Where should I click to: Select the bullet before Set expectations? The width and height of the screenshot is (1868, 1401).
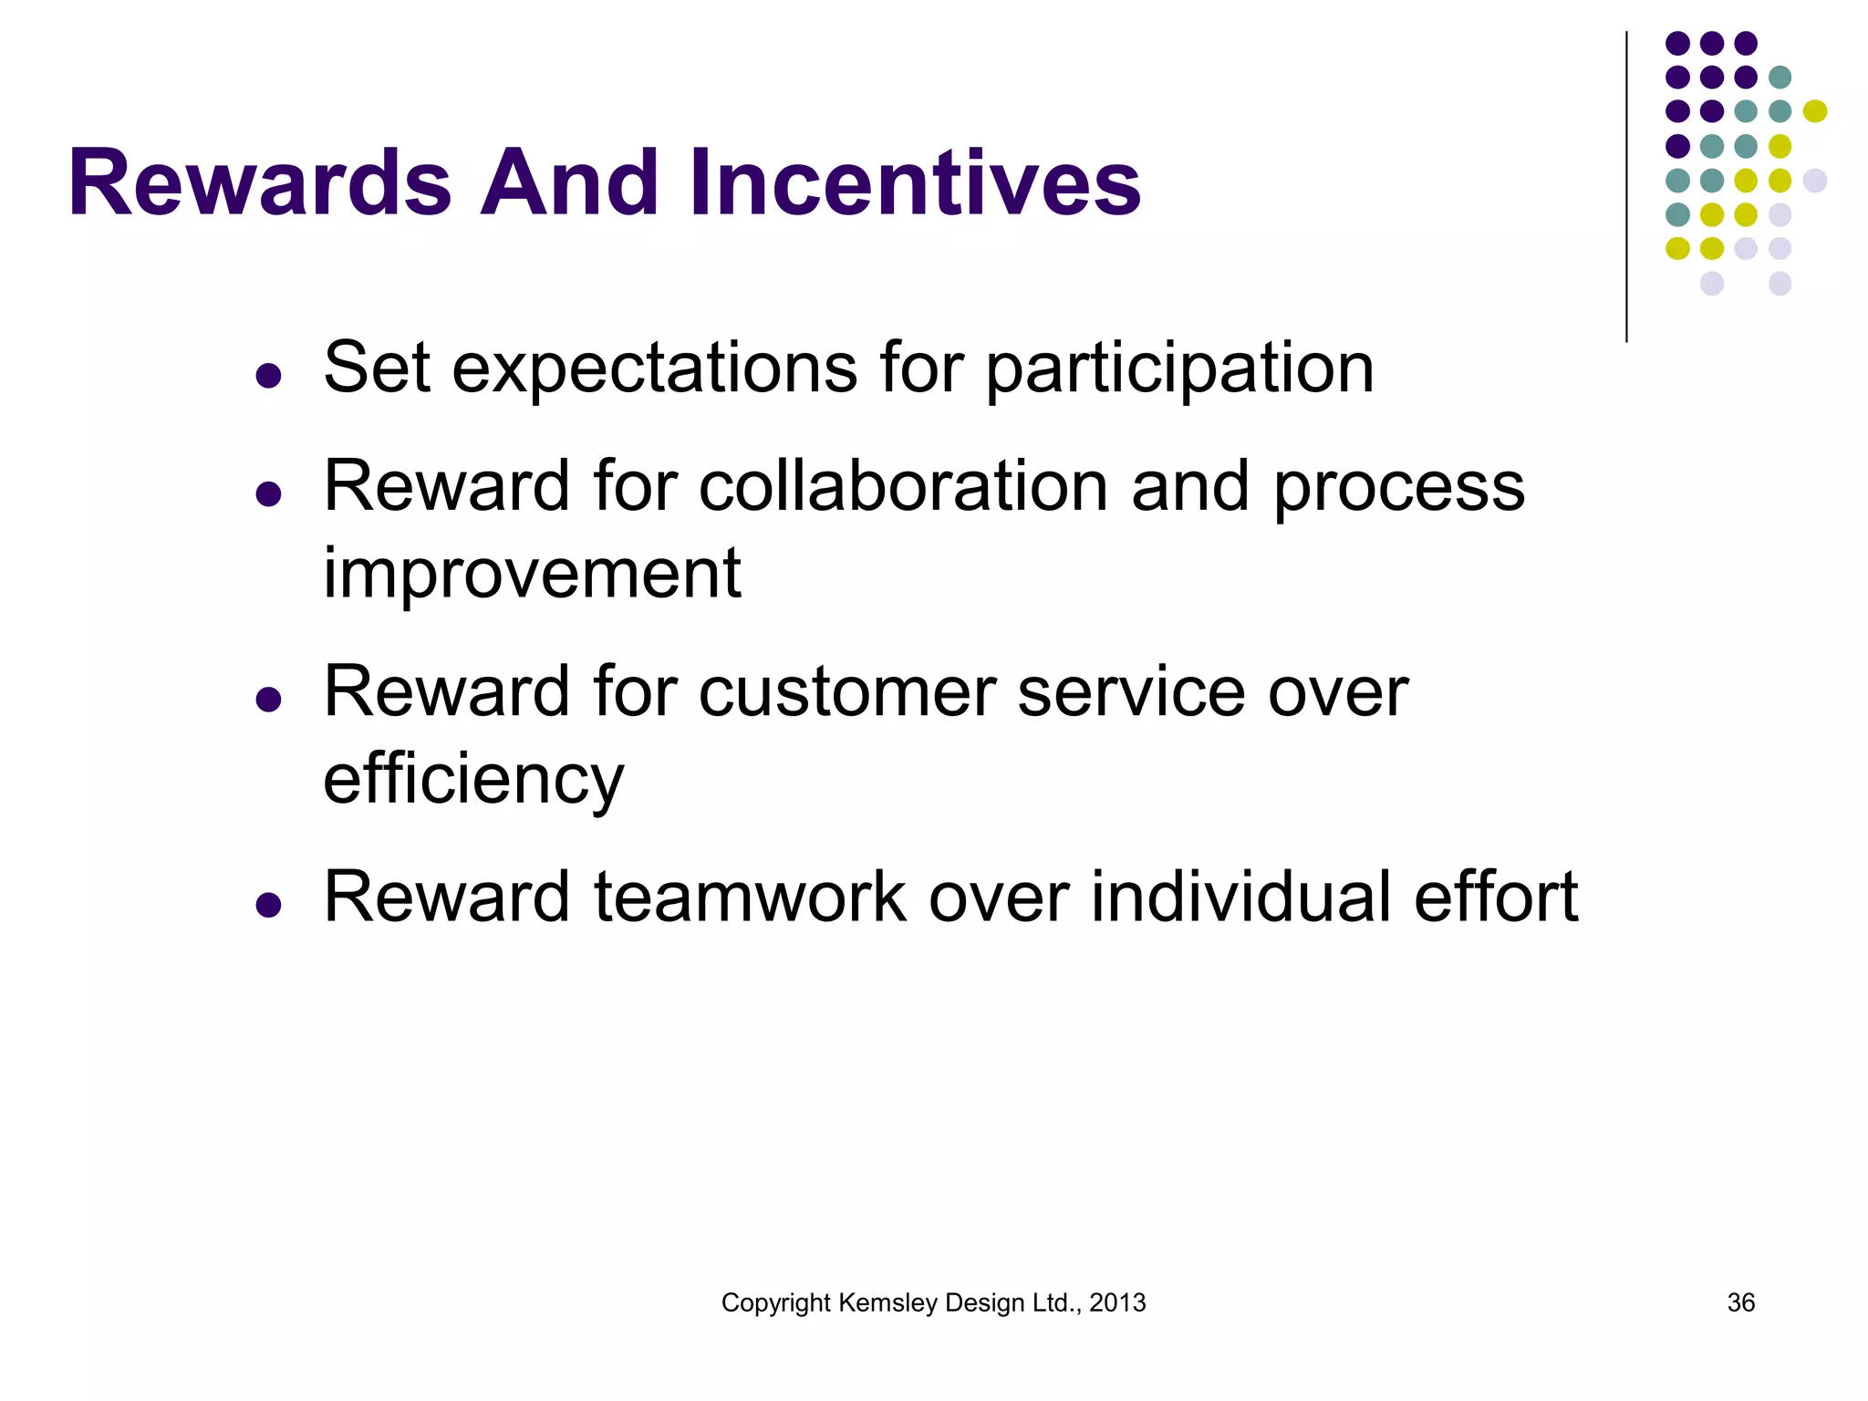point(268,375)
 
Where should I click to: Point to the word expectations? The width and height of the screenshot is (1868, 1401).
point(654,369)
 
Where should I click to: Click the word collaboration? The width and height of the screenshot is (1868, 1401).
point(904,486)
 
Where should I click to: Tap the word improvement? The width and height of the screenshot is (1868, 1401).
point(532,574)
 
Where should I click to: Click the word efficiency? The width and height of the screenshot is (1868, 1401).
point(473,780)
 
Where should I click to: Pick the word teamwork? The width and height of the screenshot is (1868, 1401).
point(750,898)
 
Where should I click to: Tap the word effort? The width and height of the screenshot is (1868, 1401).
point(1495,898)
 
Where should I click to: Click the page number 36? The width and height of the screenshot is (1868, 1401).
point(1740,1302)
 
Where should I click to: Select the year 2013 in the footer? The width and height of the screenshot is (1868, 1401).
point(1117,1302)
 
